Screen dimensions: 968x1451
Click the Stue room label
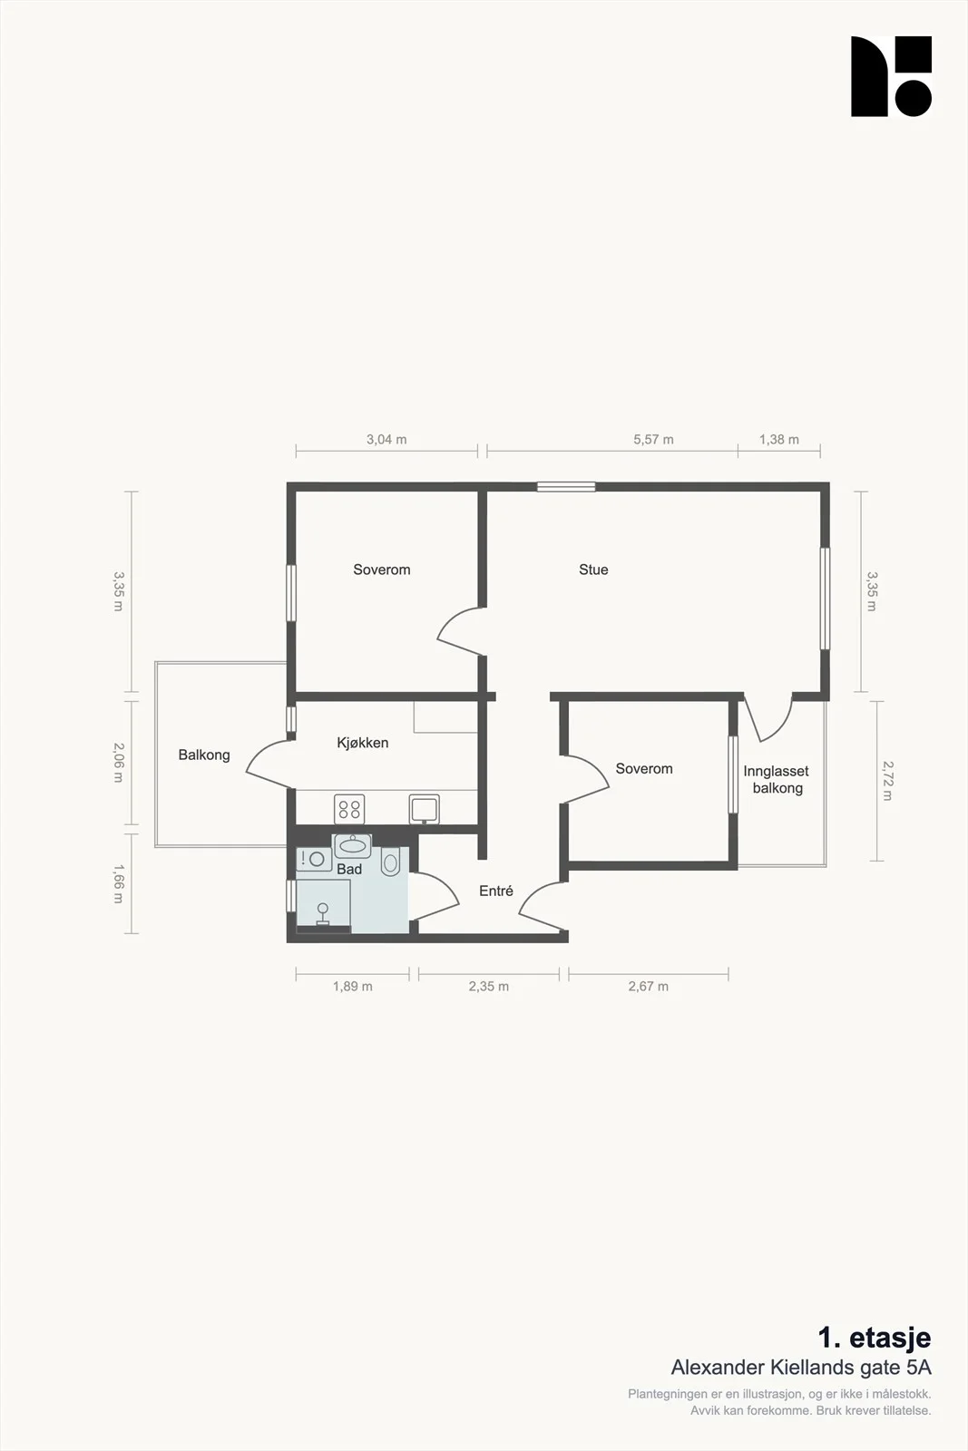click(593, 570)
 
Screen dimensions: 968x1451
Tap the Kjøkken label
click(362, 743)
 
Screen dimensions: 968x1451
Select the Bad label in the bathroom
click(349, 869)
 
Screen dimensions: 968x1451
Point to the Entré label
click(495, 891)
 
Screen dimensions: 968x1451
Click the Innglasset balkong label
click(777, 779)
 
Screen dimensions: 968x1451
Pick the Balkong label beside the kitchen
click(204, 755)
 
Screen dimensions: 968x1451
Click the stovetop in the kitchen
click(349, 809)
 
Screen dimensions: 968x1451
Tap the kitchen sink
click(425, 809)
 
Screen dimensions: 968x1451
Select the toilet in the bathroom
click(390, 862)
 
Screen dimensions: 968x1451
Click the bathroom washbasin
click(353, 845)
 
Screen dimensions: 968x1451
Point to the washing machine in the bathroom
click(314, 859)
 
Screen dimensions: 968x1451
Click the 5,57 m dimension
click(653, 439)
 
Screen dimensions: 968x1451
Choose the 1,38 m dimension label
click(778, 439)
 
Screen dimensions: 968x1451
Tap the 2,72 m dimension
click(887, 781)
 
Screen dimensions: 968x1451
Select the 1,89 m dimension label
click(353, 986)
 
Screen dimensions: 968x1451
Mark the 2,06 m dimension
click(118, 763)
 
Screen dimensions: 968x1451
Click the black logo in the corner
click(891, 76)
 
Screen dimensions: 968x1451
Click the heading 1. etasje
click(874, 1337)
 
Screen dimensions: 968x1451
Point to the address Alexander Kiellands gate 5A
click(801, 1367)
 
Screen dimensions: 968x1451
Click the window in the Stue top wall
click(566, 486)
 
